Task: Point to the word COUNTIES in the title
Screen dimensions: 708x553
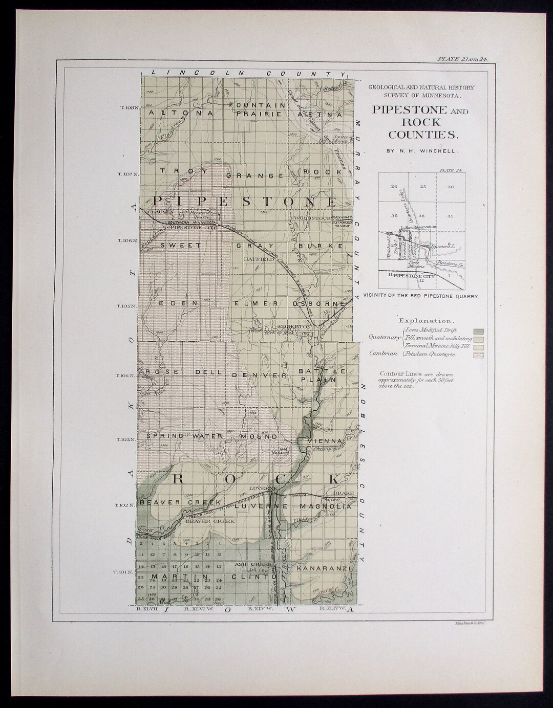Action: pos(420,135)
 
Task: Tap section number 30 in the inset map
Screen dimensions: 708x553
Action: pos(451,187)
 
